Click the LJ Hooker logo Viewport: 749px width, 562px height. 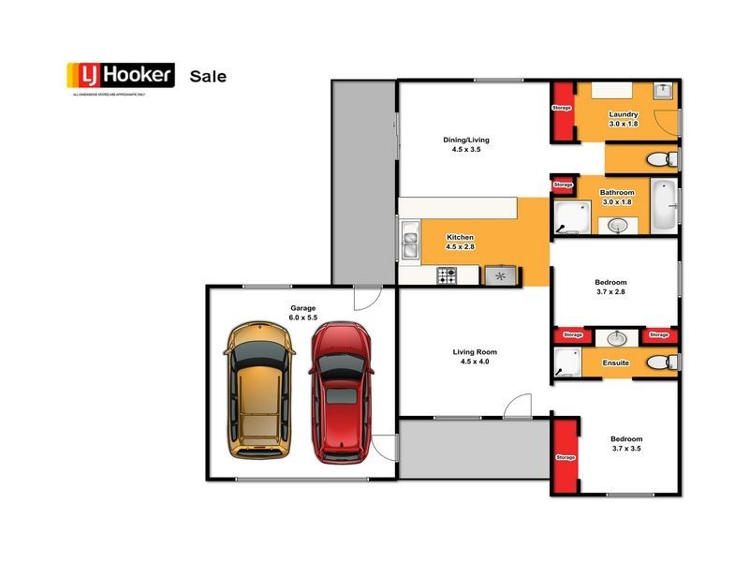pos(120,76)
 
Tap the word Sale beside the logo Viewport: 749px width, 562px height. pos(208,76)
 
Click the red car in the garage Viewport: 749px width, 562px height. pos(342,392)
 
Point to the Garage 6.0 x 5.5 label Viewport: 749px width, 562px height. pos(302,313)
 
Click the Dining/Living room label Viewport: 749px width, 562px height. pos(466,144)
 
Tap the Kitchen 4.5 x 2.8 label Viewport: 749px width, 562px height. pos(460,242)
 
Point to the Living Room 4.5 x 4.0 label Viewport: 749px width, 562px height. pos(472,356)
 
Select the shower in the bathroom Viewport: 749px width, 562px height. pos(569,218)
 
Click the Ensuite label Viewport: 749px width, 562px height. pos(615,362)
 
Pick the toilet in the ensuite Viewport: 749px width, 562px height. pos(660,362)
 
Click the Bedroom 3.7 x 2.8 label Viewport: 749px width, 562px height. pos(610,287)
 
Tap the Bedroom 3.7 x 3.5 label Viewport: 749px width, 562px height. pos(625,443)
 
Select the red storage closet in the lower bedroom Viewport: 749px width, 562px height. pos(565,458)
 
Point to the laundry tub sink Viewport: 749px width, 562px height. pos(663,90)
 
